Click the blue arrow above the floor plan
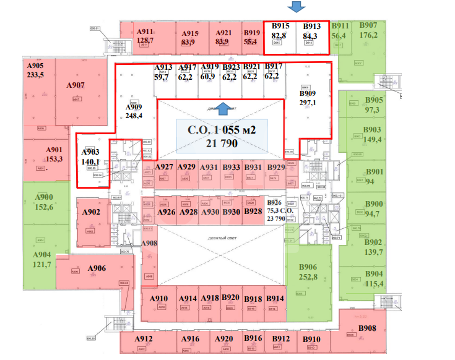tap(297, 7)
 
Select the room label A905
tap(35, 65)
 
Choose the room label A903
tap(90, 153)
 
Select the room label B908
tap(366, 328)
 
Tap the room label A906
tap(97, 268)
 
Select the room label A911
tap(145, 32)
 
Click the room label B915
tap(280, 26)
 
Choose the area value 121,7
tap(42, 264)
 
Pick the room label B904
tap(374, 274)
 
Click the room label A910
tap(159, 298)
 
